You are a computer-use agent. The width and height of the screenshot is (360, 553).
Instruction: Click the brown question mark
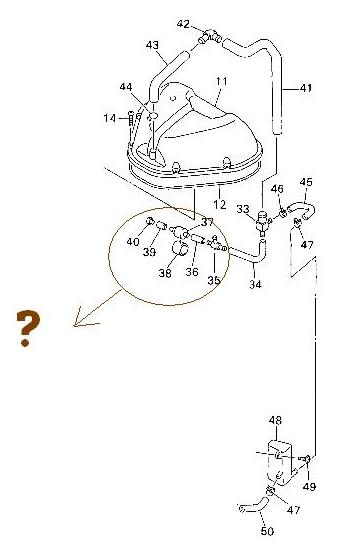tap(28, 328)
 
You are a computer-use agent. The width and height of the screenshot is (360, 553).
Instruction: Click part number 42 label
tap(183, 24)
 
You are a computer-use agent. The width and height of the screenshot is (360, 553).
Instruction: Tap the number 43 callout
tap(152, 45)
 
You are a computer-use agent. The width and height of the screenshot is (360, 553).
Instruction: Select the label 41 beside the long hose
tap(306, 87)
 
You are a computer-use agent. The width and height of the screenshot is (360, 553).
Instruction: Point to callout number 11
tap(222, 81)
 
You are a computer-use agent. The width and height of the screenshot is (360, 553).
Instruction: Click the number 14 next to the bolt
tap(110, 118)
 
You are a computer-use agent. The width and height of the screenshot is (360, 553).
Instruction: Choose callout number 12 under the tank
tap(219, 204)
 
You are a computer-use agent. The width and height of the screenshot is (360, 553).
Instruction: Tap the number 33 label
tap(243, 209)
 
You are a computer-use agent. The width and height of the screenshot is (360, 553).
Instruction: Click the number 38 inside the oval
tap(165, 273)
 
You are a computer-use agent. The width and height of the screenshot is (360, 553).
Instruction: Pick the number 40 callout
tap(133, 242)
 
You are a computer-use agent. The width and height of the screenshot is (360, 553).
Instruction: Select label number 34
tap(255, 284)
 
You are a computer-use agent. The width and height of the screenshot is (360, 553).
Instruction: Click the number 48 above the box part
tap(275, 420)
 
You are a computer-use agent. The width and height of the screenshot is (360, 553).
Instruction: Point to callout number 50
tap(267, 531)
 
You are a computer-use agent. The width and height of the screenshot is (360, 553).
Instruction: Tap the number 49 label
tap(309, 487)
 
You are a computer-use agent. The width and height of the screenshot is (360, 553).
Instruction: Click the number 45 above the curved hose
tap(306, 182)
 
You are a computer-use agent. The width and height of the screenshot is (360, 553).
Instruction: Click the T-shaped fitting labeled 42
tap(210, 36)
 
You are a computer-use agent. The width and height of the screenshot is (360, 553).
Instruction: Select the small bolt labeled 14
tap(131, 118)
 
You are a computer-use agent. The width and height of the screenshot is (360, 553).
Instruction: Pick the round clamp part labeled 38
tap(181, 247)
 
